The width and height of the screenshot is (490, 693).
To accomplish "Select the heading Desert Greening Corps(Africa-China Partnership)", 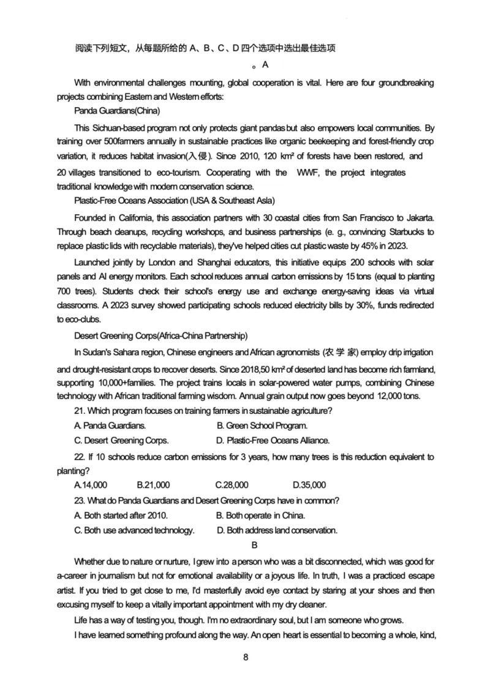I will click(160, 335).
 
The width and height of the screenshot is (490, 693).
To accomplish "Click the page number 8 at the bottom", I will click(246, 657).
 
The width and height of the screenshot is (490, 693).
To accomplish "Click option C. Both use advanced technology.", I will click(134, 530).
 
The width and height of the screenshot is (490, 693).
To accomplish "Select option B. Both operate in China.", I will click(261, 515).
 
